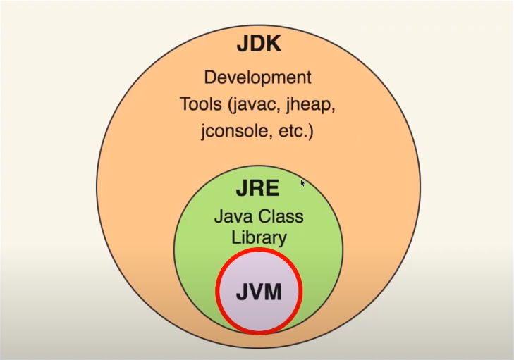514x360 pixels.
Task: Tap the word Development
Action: tap(257, 77)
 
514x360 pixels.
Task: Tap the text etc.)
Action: tap(291, 132)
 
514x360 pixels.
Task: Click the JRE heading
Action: tap(258, 189)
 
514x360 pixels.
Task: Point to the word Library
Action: tap(259, 237)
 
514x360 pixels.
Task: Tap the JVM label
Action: tap(258, 290)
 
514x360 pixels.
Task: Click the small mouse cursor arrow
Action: tap(302, 183)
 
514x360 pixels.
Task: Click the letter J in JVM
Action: tap(241, 290)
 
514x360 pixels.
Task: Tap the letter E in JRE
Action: tap(274, 189)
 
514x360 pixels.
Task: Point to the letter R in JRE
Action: tap(257, 189)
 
